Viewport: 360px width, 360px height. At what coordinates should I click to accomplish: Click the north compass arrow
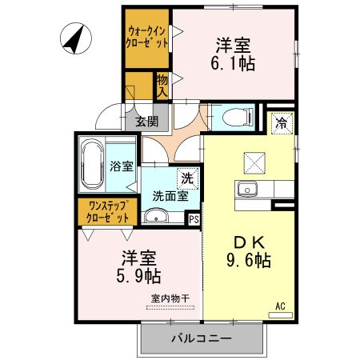click(x=74, y=38)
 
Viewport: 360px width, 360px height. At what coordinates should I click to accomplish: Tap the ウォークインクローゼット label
click(x=146, y=38)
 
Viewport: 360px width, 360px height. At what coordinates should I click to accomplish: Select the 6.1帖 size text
click(x=234, y=64)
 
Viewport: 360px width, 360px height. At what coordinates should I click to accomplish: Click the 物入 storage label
click(x=162, y=85)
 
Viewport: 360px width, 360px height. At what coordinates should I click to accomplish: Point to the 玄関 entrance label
click(x=146, y=122)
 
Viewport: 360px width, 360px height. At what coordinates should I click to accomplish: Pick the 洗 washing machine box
click(x=186, y=179)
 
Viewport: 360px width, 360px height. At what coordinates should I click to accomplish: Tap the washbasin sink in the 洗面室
click(x=156, y=216)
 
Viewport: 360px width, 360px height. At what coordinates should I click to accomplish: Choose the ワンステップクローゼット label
click(x=108, y=212)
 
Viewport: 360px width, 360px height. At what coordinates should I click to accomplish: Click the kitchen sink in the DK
click(x=245, y=190)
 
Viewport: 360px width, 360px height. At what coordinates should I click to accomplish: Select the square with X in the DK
click(x=255, y=162)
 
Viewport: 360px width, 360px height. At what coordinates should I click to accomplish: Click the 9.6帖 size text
click(x=249, y=260)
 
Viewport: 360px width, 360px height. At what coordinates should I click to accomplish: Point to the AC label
click(x=280, y=305)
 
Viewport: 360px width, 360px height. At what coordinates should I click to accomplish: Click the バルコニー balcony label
click(x=201, y=338)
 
